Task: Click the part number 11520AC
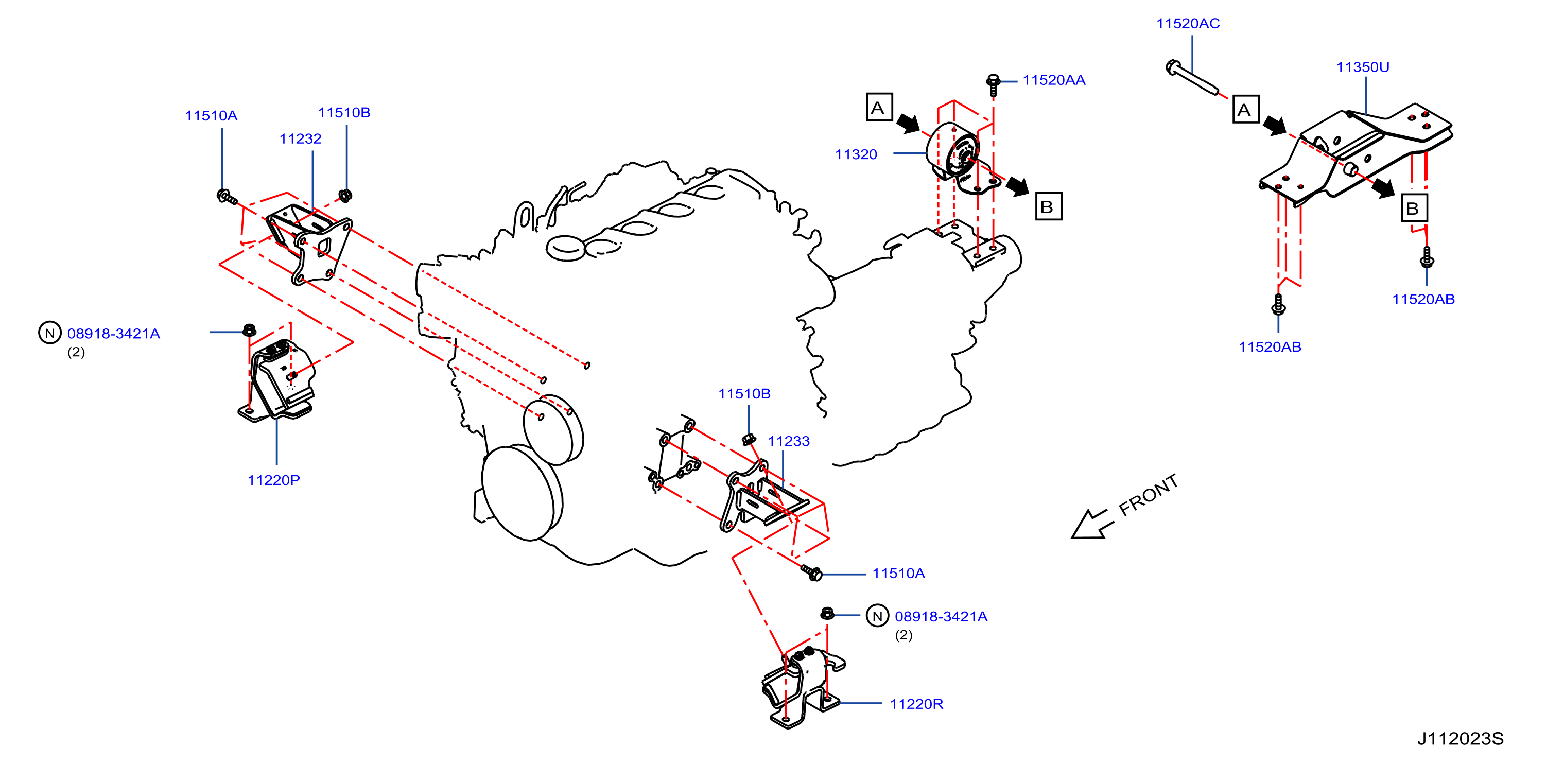click(x=1188, y=24)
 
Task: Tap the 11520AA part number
click(x=1053, y=80)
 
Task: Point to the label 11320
click(x=856, y=154)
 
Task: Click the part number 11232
click(x=300, y=138)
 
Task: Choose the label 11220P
click(x=273, y=480)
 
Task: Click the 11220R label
click(x=916, y=704)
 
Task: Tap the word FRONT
click(x=1148, y=495)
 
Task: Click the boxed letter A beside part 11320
click(x=879, y=108)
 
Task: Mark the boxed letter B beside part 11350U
click(x=1414, y=209)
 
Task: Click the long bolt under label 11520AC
click(x=1192, y=78)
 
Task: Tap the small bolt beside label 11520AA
click(x=993, y=85)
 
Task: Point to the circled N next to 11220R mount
click(x=877, y=616)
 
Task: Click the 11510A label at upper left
click(x=211, y=115)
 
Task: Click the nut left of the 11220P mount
click(x=249, y=331)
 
